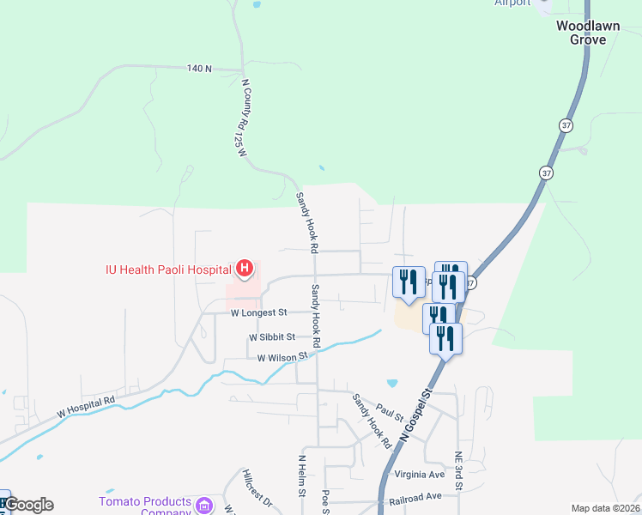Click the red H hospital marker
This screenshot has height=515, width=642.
[x=245, y=269]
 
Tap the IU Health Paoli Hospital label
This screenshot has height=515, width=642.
[x=169, y=270]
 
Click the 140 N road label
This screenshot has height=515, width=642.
[x=199, y=68]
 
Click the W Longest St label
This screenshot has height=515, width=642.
[x=257, y=313]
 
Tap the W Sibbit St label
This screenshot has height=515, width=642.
[x=272, y=337]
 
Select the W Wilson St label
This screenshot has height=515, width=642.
[x=282, y=357]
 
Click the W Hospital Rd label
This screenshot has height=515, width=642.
[x=86, y=407]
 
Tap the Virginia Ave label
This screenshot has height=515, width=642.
[x=420, y=474]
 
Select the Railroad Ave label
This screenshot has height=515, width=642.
[x=415, y=496]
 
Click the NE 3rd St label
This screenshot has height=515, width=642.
[x=460, y=474]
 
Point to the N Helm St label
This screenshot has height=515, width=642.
[x=302, y=476]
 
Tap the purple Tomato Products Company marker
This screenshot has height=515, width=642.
[x=204, y=506]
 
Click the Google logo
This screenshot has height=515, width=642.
[x=28, y=505]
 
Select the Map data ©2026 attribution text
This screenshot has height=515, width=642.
[x=605, y=508]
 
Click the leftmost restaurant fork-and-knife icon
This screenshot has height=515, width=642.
[x=408, y=280]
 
